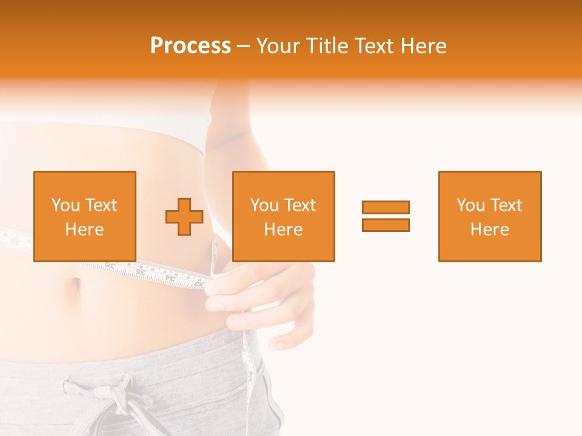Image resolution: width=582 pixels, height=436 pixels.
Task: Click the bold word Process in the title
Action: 190,46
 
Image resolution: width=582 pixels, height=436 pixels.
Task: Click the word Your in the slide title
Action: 275,46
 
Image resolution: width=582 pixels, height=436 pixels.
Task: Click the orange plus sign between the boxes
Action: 184,217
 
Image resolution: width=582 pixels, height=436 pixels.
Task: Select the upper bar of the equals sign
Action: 386,207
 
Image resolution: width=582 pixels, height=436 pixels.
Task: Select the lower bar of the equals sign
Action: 386,225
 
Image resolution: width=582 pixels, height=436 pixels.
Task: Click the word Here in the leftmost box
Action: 84,230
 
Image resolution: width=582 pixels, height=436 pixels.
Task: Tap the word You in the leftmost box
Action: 65,205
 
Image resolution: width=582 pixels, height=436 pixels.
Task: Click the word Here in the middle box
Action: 283,230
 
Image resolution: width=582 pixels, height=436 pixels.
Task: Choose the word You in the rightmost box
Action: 470,205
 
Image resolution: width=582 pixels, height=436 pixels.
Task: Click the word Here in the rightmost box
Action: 489,230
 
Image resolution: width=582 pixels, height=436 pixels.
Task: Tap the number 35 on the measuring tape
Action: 140,272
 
